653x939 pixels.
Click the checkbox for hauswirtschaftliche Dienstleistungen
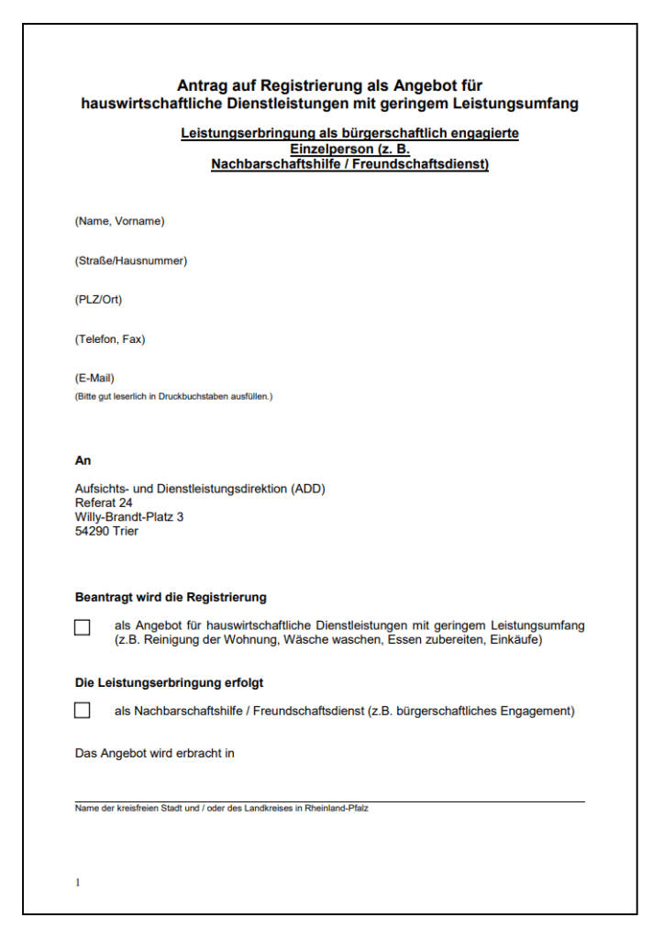(x=83, y=628)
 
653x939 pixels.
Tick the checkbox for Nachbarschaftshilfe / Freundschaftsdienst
(x=83, y=711)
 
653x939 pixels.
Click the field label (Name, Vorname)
(x=119, y=221)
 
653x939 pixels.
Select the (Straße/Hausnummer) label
(x=131, y=260)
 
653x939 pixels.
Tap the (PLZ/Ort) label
(x=98, y=300)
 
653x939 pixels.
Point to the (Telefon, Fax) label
(x=110, y=339)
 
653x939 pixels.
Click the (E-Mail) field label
(x=94, y=378)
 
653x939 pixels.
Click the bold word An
(x=83, y=460)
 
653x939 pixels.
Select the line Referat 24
(x=104, y=503)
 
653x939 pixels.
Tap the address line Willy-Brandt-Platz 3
(x=129, y=517)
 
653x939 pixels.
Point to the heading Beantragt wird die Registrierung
(x=171, y=597)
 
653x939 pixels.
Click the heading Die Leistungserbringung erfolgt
(x=175, y=682)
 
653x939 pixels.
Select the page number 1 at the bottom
(x=78, y=882)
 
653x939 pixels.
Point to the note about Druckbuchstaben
(x=173, y=396)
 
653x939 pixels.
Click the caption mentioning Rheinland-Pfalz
(x=222, y=808)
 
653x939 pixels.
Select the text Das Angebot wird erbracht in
(x=155, y=753)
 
